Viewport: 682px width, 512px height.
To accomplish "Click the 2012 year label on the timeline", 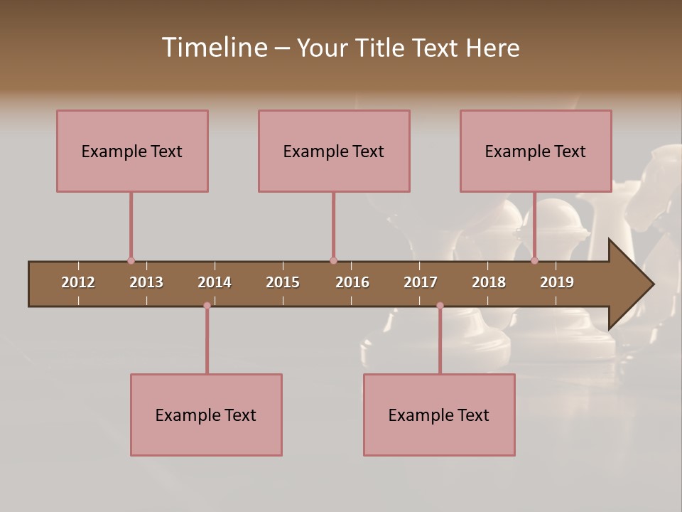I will (x=78, y=282).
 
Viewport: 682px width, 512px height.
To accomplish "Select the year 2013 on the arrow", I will (x=146, y=282).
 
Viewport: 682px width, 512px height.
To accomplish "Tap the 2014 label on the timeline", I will (x=215, y=282).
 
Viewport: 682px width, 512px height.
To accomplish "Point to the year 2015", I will (x=283, y=282).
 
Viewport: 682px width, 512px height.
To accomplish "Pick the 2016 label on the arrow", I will (x=352, y=282).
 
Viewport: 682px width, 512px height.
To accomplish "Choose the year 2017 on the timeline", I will (x=421, y=282).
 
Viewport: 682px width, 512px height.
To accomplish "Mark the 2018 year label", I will (x=489, y=282).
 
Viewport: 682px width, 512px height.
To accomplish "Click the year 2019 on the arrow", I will (x=557, y=282).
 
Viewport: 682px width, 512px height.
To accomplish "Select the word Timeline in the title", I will (x=214, y=48).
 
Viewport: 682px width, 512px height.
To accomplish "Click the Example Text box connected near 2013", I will (x=132, y=151).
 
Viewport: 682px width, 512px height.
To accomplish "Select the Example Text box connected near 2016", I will (x=334, y=151).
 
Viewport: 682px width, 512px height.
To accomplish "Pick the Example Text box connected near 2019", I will (x=536, y=151).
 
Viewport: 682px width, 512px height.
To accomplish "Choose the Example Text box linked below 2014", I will (x=206, y=415).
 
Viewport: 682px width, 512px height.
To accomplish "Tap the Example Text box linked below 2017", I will (x=439, y=415).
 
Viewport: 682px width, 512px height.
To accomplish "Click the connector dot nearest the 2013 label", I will (x=131, y=260).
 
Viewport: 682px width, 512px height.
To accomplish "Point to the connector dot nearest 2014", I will (x=207, y=306).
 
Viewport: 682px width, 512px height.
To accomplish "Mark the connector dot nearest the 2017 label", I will (x=440, y=306).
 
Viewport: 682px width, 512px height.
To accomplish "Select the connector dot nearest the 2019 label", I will (x=534, y=260).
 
